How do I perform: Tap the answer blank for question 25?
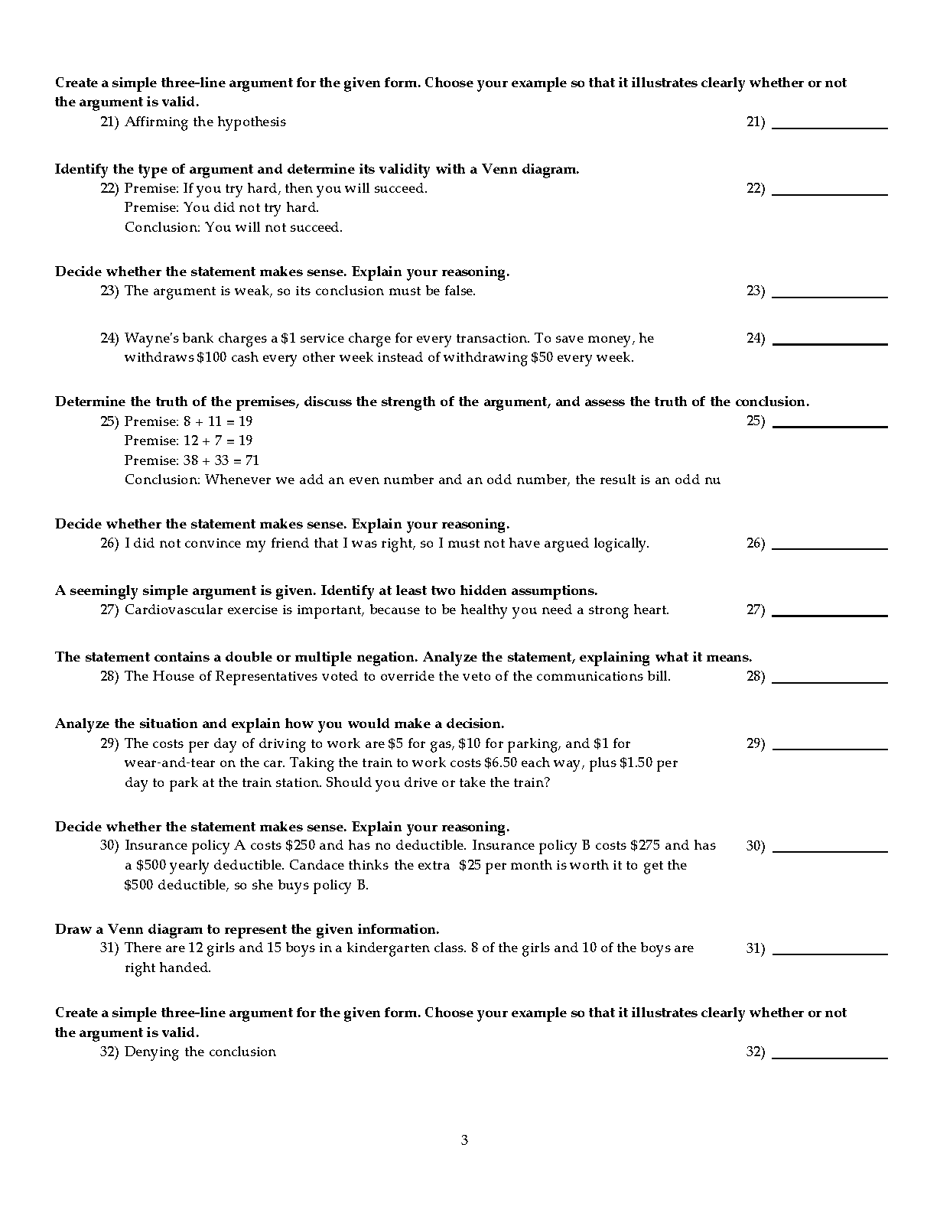pyautogui.click(x=830, y=424)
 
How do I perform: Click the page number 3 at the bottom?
pyautogui.click(x=464, y=1140)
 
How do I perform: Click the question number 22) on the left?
pyautogui.click(x=109, y=188)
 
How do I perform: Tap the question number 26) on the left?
pyautogui.click(x=109, y=544)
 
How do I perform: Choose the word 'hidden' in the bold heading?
pyautogui.click(x=454, y=590)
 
